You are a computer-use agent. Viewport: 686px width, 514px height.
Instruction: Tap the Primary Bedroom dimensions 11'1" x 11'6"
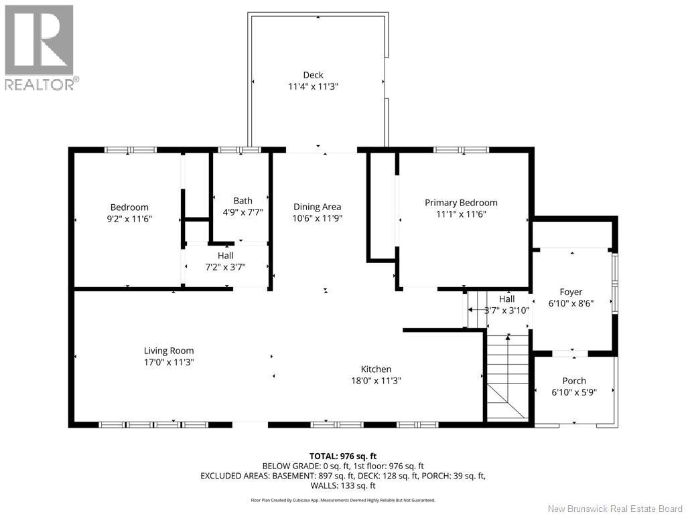[x=461, y=214]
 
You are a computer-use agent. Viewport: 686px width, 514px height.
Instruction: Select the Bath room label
[x=243, y=200]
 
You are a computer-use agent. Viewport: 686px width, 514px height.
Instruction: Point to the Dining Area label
[x=318, y=207]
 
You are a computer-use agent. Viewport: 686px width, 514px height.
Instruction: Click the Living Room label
[x=169, y=350]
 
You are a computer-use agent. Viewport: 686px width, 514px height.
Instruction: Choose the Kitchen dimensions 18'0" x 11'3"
[x=376, y=380]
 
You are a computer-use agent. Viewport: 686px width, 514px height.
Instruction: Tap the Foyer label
[x=571, y=292]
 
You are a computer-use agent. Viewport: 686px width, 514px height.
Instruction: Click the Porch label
[x=574, y=381]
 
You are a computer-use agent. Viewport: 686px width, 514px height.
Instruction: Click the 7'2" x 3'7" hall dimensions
[x=225, y=266]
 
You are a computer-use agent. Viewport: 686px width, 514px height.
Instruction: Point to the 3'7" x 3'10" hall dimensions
[x=507, y=310]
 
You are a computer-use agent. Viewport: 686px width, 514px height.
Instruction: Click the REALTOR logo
[x=40, y=47]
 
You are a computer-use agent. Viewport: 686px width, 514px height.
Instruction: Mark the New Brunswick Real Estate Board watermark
[x=614, y=509]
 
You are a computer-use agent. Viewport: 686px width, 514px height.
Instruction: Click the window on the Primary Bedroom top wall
[x=461, y=150]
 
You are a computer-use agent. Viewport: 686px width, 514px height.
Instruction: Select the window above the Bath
[x=239, y=150]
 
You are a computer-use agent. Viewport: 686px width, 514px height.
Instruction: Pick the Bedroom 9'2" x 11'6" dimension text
[x=129, y=218]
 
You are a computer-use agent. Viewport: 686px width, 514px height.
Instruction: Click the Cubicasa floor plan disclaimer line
[x=342, y=499]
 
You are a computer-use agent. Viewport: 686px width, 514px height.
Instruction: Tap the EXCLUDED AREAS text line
[x=342, y=476]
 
